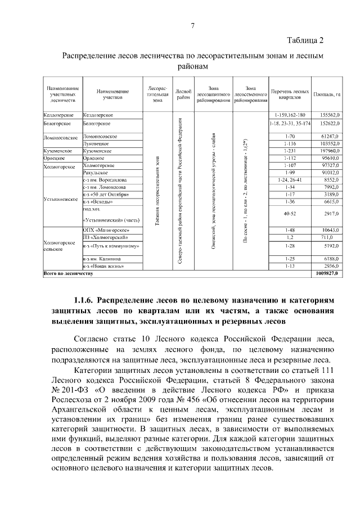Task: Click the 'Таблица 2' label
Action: [305, 40]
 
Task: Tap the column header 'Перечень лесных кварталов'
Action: [290, 94]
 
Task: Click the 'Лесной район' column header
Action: [183, 94]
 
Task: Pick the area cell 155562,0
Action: [329, 114]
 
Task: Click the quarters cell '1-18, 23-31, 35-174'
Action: [290, 123]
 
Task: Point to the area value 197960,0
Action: [329, 151]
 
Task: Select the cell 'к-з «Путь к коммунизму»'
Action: [110, 246]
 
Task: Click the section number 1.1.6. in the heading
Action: [86, 301]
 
